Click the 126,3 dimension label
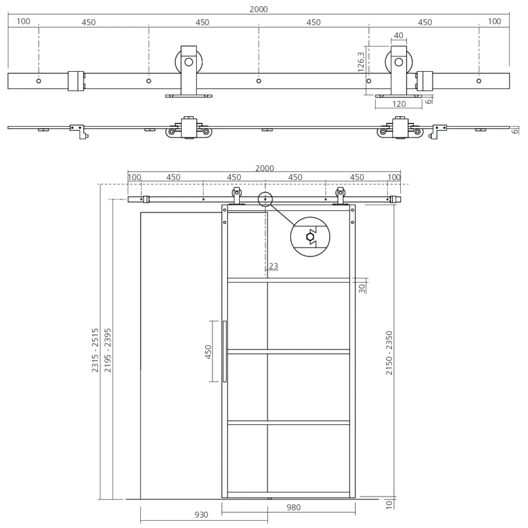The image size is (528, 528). (361, 61)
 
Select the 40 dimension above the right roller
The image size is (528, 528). (399, 36)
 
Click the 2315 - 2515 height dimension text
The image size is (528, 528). (96, 351)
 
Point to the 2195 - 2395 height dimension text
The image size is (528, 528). (108, 351)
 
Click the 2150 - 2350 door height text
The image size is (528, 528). (389, 353)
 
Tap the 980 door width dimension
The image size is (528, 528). (294, 508)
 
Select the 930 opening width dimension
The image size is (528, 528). (201, 515)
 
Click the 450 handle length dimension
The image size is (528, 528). (209, 351)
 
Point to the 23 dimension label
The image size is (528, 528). (273, 267)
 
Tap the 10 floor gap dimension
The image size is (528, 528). (389, 504)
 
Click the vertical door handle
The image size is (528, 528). (224, 351)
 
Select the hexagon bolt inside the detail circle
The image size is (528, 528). (310, 237)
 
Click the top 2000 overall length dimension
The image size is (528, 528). (259, 9)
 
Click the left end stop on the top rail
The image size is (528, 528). (76, 81)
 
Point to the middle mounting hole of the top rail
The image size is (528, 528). (259, 81)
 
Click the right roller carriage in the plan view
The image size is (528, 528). (400, 129)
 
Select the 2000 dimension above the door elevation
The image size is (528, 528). (265, 168)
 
